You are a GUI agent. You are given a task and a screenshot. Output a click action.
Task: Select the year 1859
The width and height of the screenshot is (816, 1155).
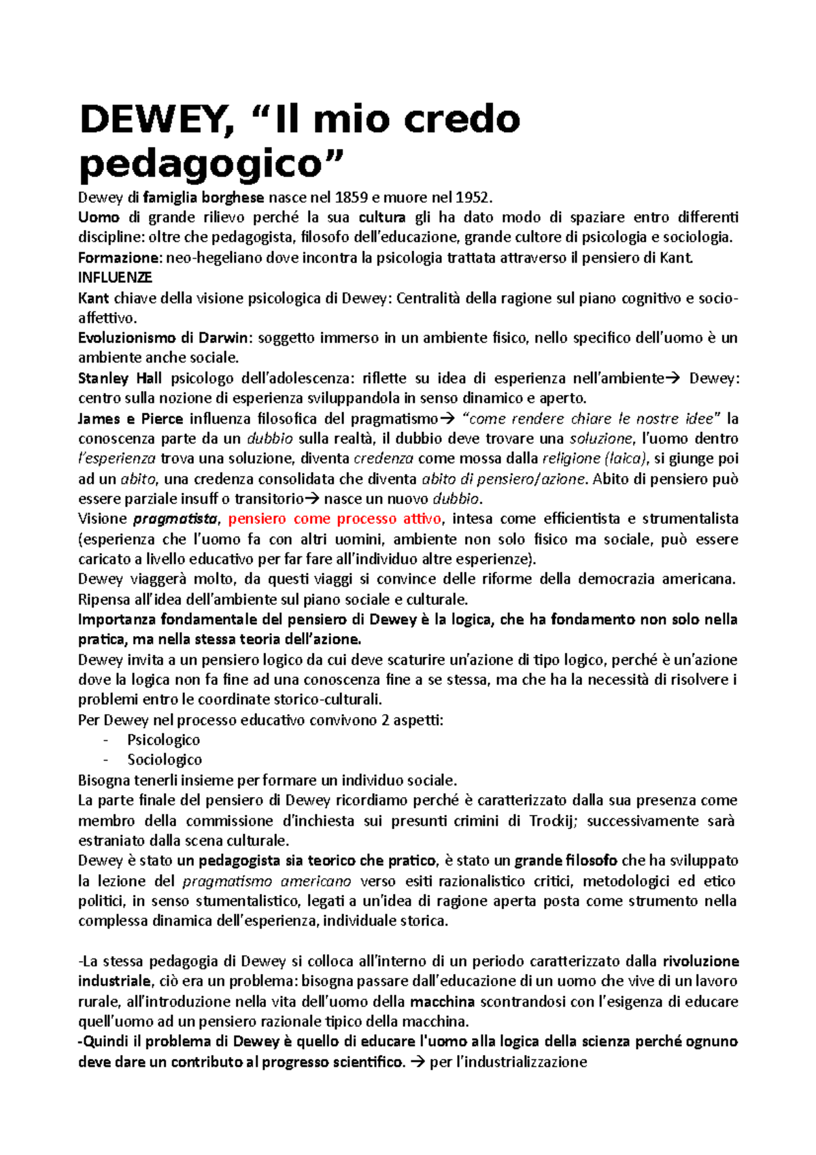point(350,198)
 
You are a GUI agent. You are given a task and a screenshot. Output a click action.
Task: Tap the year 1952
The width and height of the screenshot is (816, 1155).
point(471,198)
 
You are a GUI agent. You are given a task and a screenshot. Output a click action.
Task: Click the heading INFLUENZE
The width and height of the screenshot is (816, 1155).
point(115,278)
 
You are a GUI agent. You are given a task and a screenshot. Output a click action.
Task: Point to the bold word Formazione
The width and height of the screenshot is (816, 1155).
point(120,258)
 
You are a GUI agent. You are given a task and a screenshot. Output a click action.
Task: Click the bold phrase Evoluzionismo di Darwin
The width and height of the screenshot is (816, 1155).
point(164,338)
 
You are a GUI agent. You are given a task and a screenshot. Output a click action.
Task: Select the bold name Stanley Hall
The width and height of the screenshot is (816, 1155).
point(120,378)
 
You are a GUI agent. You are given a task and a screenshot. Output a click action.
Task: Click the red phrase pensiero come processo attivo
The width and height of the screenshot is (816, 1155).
point(335,519)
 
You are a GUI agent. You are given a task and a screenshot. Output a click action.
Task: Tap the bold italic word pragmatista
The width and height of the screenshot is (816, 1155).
point(175,519)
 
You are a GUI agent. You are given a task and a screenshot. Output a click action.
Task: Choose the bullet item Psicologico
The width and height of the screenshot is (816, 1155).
point(163,740)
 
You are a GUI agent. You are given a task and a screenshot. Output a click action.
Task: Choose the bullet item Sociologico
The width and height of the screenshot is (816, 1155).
point(165,760)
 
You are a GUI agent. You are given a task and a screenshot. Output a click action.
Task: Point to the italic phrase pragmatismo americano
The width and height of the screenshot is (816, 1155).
point(267,881)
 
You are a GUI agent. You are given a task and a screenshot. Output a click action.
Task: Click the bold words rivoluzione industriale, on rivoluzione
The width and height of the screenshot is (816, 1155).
point(700,961)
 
